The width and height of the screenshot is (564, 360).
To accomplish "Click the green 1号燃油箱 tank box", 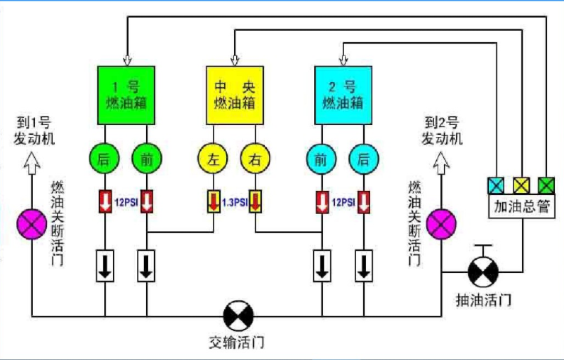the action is point(126,95).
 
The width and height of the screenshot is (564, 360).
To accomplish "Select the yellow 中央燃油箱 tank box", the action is point(235,95).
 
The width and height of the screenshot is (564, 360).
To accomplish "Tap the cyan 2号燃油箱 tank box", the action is point(343,95).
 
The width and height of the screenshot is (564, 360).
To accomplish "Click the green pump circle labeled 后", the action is point(105,159).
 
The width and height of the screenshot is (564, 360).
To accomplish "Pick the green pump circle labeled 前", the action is point(147,159).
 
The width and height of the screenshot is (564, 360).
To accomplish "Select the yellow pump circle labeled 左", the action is point(213,159).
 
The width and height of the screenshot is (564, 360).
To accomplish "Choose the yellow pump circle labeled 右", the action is point(256,159).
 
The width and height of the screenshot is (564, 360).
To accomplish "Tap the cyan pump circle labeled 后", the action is point(364,159).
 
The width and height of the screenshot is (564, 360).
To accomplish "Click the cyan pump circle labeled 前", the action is point(322,159).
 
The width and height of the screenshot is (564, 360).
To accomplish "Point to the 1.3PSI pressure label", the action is point(235,203).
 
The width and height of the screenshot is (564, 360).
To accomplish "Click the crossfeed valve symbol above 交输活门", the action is point(238,316).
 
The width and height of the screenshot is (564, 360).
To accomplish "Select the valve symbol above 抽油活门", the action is point(483,272).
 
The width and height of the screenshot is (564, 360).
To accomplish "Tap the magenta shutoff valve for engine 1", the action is point(32,224).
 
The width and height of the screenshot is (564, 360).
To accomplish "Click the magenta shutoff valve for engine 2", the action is point(441,224).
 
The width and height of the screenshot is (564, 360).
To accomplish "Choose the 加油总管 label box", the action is point(522,206).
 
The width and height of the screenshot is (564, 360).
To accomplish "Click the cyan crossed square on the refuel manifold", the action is point(496,185).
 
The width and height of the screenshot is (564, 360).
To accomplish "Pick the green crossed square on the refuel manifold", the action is point(546,185).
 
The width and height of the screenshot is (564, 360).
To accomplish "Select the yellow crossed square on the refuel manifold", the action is point(522,185).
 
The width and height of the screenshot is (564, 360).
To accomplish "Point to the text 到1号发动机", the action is point(34,131).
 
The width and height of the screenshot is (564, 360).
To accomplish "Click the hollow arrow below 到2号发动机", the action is point(441,163).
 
